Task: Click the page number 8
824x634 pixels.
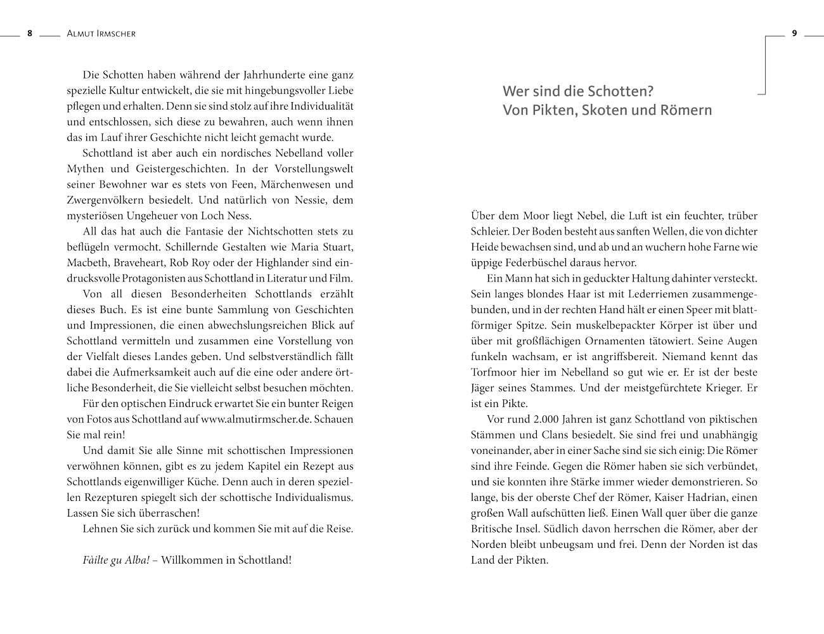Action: point(29,34)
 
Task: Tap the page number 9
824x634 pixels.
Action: point(794,34)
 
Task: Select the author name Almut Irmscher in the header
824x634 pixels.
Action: point(101,34)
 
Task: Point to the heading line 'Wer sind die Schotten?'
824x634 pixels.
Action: point(577,91)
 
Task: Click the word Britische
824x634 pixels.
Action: point(494,529)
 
